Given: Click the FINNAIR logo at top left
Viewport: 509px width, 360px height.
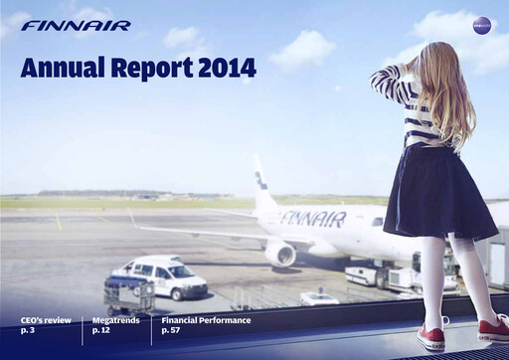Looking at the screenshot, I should click(76, 26).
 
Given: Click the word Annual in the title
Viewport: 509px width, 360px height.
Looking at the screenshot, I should click(64, 69).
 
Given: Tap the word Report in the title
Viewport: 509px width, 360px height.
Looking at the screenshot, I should click(156, 69).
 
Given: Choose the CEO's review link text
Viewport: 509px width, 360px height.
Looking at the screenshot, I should click(46, 320).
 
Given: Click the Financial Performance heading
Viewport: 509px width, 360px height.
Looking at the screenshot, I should click(206, 320).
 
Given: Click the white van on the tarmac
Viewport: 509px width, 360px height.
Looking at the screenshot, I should click(158, 277).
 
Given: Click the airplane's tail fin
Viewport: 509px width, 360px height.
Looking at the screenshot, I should click(263, 185).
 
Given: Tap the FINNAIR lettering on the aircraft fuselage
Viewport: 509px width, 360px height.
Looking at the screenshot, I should click(312, 219).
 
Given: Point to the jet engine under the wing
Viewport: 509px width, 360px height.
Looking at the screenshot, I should click(280, 253).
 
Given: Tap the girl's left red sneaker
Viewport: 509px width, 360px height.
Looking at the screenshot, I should click(431, 337).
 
